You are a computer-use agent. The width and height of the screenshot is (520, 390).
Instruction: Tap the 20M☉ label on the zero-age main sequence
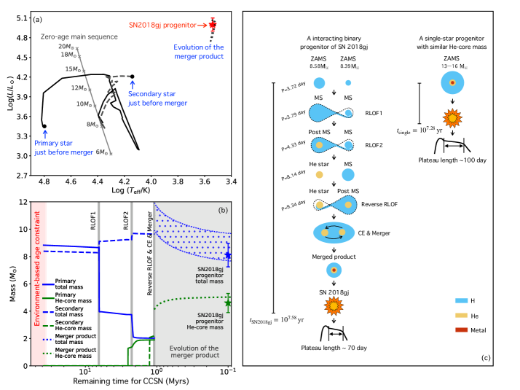[x=67, y=46]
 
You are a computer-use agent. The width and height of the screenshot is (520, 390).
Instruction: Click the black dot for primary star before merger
[x=44, y=125]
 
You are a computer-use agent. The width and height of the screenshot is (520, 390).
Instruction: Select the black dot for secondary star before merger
[x=132, y=76]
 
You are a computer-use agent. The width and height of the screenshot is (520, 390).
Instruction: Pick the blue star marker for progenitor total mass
[x=227, y=255]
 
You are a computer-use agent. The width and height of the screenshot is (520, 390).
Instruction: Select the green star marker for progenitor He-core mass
[x=227, y=303]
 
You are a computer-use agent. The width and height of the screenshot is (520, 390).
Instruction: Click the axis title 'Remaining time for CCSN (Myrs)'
[x=130, y=381]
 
